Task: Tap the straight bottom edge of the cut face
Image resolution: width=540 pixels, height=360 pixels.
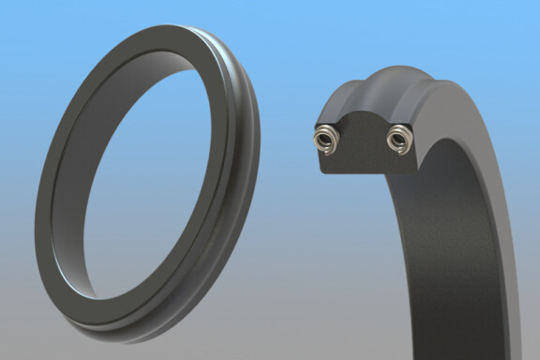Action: tap(362, 175)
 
